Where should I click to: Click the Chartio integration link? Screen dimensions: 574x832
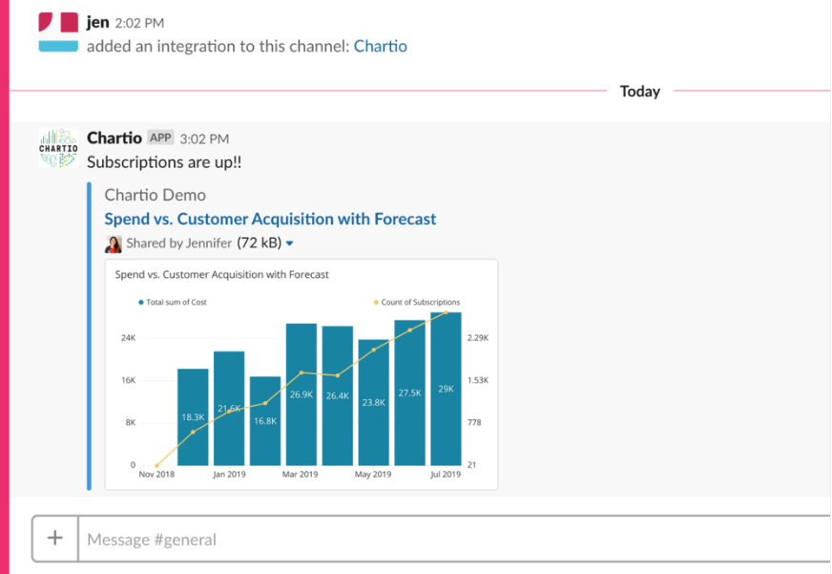[380, 46]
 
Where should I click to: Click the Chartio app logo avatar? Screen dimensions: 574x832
[58, 148]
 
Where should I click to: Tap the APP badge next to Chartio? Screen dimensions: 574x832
[160, 138]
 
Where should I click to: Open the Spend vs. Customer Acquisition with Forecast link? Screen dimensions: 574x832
[270, 219]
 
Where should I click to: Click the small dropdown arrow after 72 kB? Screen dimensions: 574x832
[290, 244]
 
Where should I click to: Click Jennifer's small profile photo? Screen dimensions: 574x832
[114, 244]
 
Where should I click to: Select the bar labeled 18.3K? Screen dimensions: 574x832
[193, 416]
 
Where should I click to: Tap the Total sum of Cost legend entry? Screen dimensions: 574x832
[173, 302]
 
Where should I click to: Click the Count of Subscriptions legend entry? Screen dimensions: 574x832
[417, 302]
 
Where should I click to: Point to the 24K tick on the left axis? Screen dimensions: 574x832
[127, 338]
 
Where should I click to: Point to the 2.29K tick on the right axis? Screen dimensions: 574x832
[478, 338]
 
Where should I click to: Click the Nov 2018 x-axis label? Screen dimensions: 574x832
[156, 475]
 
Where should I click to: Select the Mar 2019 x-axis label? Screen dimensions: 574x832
[301, 475]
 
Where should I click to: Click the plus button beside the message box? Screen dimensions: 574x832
[55, 539]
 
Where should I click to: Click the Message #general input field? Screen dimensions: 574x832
[448, 540]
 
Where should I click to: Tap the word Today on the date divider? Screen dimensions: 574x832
[639, 92]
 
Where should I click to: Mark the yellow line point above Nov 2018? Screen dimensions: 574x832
[156, 465]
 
